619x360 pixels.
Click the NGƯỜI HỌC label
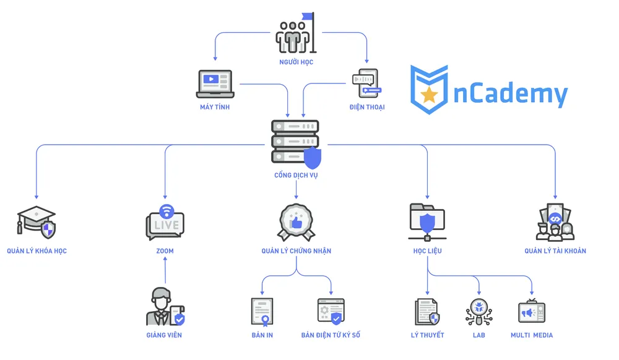pos(296,62)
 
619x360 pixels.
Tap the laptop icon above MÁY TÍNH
pos(214,84)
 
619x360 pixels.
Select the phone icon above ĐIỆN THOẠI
pos(366,84)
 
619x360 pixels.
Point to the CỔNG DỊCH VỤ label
pos(296,176)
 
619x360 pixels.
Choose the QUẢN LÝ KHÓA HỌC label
pos(37,251)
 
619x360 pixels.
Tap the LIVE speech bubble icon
pos(165,223)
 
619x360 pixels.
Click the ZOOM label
pos(165,251)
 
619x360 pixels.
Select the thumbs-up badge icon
pos(296,221)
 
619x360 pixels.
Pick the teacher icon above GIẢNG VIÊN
pos(165,307)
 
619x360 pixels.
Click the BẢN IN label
pos(262,335)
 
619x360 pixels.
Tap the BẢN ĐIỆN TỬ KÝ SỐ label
pos(331,335)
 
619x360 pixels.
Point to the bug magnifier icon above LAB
pos(478,311)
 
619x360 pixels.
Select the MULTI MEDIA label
pos(532,335)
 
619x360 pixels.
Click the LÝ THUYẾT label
pos(428,335)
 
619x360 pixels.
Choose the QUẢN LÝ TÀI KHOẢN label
pos(555,251)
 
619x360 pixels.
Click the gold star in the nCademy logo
pos(429,95)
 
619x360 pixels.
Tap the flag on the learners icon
pos(308,17)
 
